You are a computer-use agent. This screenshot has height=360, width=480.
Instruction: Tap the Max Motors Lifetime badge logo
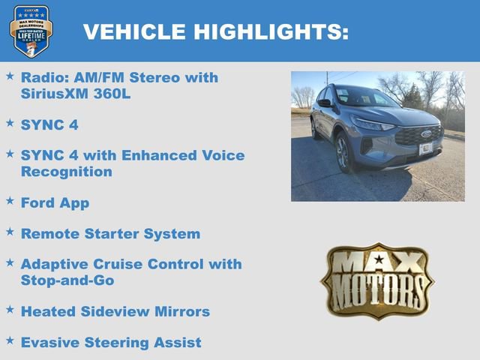(31, 31)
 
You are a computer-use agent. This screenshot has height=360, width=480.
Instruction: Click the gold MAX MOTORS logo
(377, 280)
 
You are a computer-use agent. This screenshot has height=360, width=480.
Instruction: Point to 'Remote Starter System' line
(110, 233)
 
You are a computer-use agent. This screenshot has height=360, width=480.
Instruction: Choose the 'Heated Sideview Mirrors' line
(115, 310)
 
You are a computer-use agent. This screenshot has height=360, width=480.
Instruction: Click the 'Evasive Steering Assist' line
(111, 342)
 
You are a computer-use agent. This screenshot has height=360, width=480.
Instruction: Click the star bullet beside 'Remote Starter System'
(10, 232)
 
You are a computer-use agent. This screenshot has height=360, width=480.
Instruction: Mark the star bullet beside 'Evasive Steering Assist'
(10, 340)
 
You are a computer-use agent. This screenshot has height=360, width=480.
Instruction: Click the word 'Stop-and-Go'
(67, 280)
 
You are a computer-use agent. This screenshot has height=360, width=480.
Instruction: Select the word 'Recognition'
(67, 172)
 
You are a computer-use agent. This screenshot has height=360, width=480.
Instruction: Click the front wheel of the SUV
(343, 151)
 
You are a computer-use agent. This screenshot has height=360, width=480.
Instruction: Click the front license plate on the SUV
(425, 148)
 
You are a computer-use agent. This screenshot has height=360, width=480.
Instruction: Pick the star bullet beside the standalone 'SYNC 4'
(10, 122)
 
